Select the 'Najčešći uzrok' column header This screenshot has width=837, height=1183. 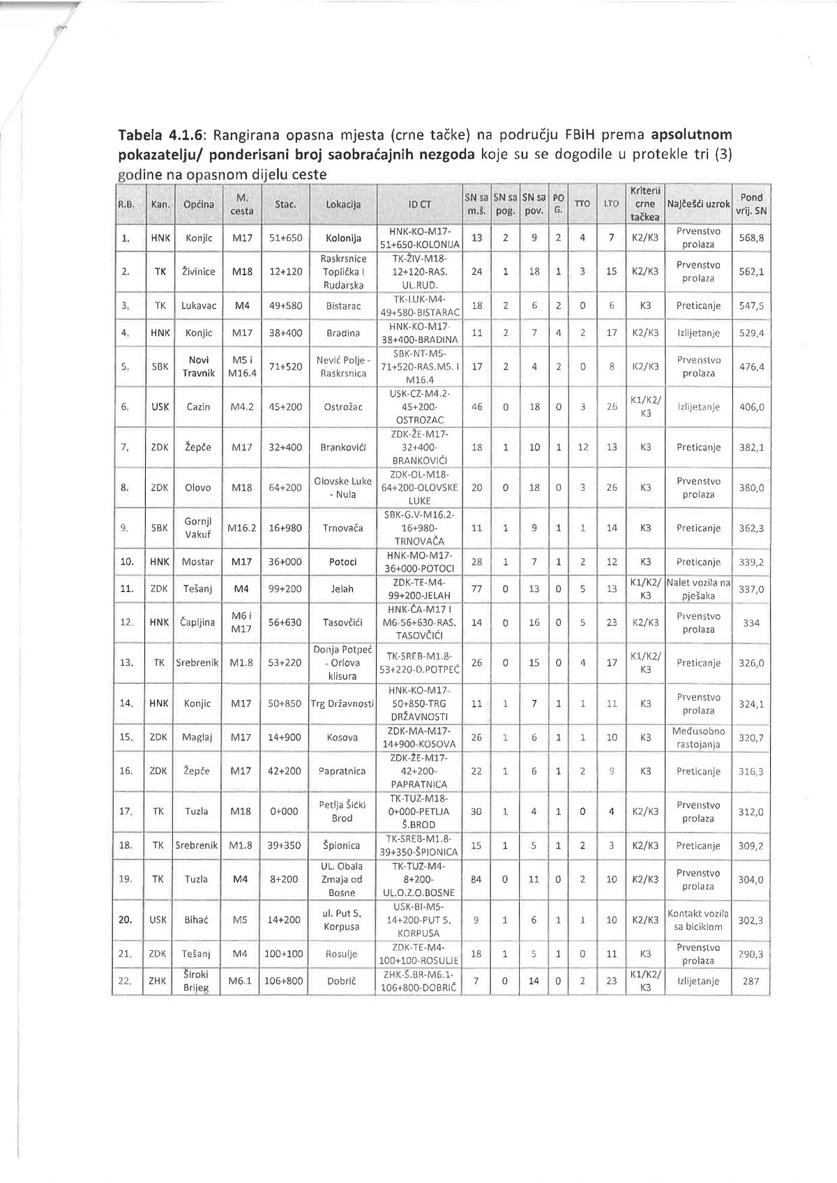tap(697, 204)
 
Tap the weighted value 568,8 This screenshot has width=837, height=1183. tap(751, 238)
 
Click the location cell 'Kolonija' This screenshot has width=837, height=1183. tap(343, 238)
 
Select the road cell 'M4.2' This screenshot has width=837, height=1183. tap(241, 406)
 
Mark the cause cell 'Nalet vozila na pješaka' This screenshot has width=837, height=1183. tap(697, 588)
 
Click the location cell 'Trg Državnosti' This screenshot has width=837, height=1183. tap(343, 703)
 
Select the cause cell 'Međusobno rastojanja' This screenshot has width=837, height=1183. tap(697, 738)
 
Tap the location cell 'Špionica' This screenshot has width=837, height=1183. tap(343, 846)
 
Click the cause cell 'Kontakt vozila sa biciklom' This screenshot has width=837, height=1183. tap(697, 919)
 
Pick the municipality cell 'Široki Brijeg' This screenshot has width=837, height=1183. tap(198, 981)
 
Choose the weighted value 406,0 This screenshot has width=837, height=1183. tap(751, 406)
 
